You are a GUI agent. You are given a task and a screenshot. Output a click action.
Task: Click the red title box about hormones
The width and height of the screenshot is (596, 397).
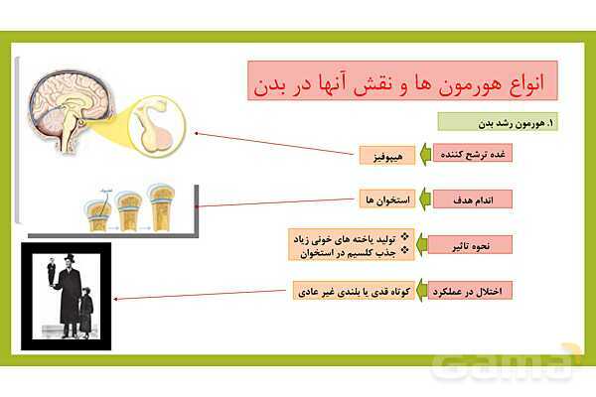(x=401, y=79)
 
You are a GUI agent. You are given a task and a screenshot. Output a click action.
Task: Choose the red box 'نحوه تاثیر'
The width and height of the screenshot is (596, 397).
(x=485, y=244)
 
